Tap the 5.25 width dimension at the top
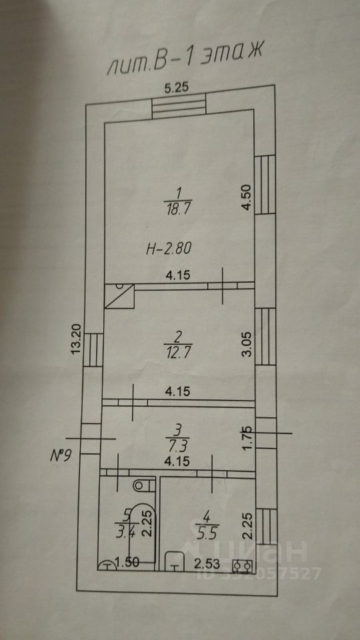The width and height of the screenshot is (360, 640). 177,88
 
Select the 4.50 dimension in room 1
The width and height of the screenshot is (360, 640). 246,197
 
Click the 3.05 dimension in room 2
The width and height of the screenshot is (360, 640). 247,345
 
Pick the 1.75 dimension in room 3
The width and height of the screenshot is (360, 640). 247,439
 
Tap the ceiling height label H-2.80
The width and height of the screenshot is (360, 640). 169,248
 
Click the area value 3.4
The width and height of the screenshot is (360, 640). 124,532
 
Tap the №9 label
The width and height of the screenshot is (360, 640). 61,455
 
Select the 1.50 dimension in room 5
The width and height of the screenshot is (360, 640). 127,563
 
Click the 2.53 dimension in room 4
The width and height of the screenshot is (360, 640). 206,565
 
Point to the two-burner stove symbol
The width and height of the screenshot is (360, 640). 242,566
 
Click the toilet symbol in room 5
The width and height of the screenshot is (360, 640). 145,485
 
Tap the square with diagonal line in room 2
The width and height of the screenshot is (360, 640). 119,296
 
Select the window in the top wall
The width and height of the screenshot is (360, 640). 179,105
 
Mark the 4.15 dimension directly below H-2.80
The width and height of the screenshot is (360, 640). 177,275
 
